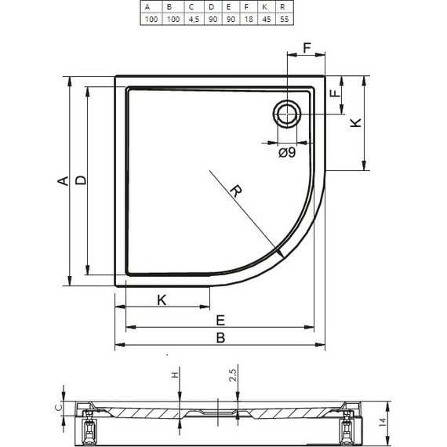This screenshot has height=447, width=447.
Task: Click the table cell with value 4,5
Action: [194, 19]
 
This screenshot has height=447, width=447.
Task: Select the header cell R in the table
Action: [284, 7]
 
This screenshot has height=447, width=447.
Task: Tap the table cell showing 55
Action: [284, 19]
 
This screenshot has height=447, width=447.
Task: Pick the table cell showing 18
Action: [249, 19]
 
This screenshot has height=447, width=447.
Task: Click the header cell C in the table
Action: [194, 7]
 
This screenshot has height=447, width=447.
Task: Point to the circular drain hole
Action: [287, 114]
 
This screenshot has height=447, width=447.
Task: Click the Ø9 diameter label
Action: [287, 153]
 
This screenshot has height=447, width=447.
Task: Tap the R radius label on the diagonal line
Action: [236, 191]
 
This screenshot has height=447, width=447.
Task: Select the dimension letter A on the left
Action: [64, 181]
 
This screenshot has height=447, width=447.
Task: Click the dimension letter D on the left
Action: [81, 180]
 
